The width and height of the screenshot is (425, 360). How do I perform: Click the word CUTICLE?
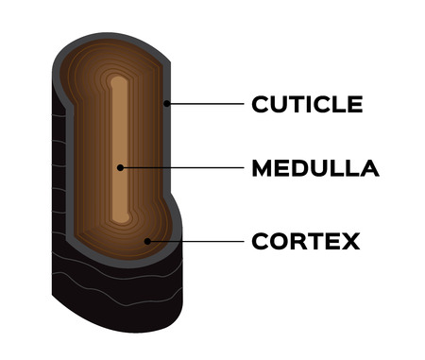tap(307, 104)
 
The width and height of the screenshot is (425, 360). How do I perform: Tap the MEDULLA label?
tap(314, 169)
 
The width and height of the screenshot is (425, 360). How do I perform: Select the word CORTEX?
tap(305, 242)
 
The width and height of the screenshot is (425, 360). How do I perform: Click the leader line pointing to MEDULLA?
tap(179, 169)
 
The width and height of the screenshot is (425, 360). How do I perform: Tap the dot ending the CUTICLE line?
tap(166, 103)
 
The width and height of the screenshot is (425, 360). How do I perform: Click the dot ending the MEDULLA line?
tap(120, 169)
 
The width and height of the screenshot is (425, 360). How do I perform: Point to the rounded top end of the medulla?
tap(118, 81)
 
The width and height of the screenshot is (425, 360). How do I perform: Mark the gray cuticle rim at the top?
tap(113, 42)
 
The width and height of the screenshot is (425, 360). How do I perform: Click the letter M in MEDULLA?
tap(263, 169)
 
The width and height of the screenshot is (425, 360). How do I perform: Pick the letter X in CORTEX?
tap(349, 242)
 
